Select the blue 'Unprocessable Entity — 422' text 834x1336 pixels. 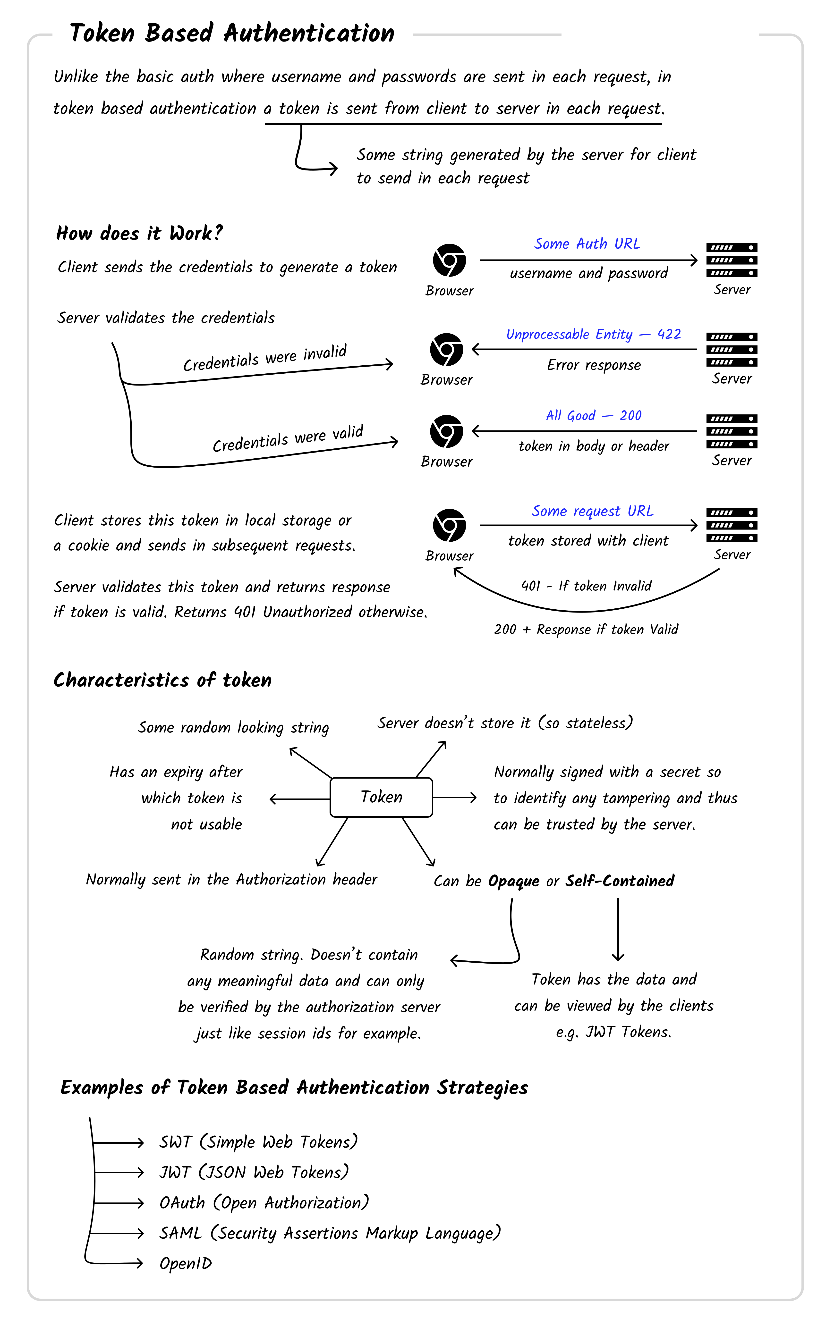pos(593,334)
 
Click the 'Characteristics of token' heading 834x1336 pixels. pos(163,680)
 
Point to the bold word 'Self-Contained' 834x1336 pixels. pos(620,881)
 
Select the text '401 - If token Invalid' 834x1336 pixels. pos(586,586)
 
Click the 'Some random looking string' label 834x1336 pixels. pos(233,727)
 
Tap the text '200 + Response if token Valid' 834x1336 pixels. pos(586,629)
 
